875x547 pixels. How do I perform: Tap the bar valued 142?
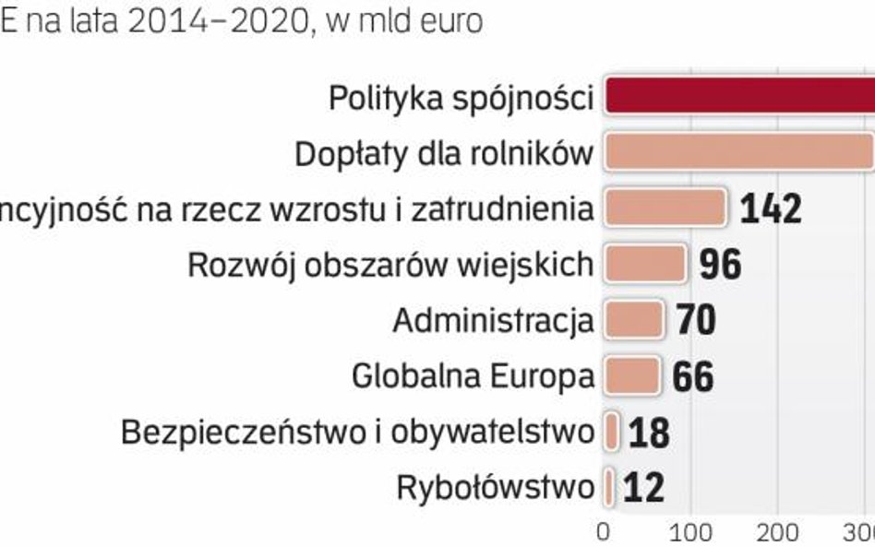pyautogui.click(x=665, y=208)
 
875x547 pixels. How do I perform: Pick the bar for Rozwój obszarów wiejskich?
pyautogui.click(x=645, y=264)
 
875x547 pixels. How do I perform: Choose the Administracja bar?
pyautogui.click(x=633, y=320)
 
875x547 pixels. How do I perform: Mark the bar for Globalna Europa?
pyautogui.click(x=632, y=375)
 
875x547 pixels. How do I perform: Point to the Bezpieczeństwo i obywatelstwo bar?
pyautogui.click(x=611, y=432)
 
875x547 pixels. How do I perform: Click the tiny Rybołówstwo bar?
pyautogui.click(x=609, y=487)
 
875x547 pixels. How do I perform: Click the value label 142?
pyautogui.click(x=771, y=209)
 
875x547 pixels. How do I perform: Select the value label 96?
pyautogui.click(x=720, y=266)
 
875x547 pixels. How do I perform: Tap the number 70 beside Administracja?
pyautogui.click(x=696, y=321)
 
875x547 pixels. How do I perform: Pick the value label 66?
pyautogui.click(x=692, y=377)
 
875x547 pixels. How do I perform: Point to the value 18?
pyautogui.click(x=648, y=433)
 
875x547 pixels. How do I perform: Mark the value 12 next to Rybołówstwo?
pyautogui.click(x=643, y=488)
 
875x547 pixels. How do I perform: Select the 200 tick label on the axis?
pyautogui.click(x=777, y=532)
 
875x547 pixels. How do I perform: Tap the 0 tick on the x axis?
pyautogui.click(x=604, y=532)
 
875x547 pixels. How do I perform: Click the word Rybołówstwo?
pyautogui.click(x=495, y=487)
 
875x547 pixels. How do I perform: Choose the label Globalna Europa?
pyautogui.click(x=473, y=376)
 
